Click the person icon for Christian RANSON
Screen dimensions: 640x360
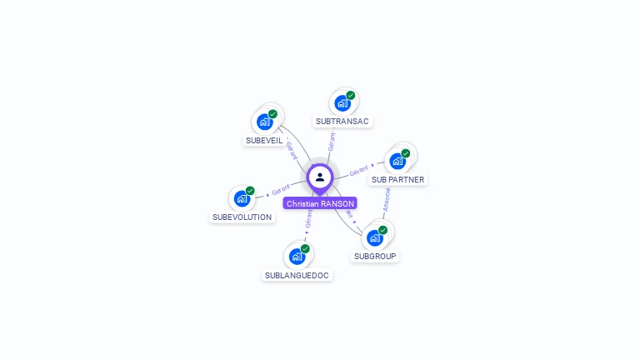(320, 177)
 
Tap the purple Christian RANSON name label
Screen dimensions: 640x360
(320, 203)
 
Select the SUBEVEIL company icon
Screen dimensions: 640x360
(265, 122)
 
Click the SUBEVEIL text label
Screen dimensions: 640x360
(264, 141)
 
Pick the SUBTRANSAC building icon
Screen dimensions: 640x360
(342, 103)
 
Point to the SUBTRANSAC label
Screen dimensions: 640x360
(342, 122)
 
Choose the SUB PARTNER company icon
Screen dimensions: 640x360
(397, 161)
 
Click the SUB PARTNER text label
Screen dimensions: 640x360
(397, 179)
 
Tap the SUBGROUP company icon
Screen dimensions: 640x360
(375, 237)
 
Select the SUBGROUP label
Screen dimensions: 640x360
(375, 257)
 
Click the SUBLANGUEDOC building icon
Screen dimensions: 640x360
(297, 256)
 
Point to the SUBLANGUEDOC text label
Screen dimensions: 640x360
(297, 275)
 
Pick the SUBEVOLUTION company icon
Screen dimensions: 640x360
(242, 198)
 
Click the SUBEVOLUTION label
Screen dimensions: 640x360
(242, 217)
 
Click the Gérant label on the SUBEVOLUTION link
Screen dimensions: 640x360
(281, 190)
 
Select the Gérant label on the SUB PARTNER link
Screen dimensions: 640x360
(359, 170)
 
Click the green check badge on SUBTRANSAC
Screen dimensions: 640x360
(351, 95)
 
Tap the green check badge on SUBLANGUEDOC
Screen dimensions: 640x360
(305, 248)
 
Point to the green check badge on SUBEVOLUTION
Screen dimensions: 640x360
(250, 191)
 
